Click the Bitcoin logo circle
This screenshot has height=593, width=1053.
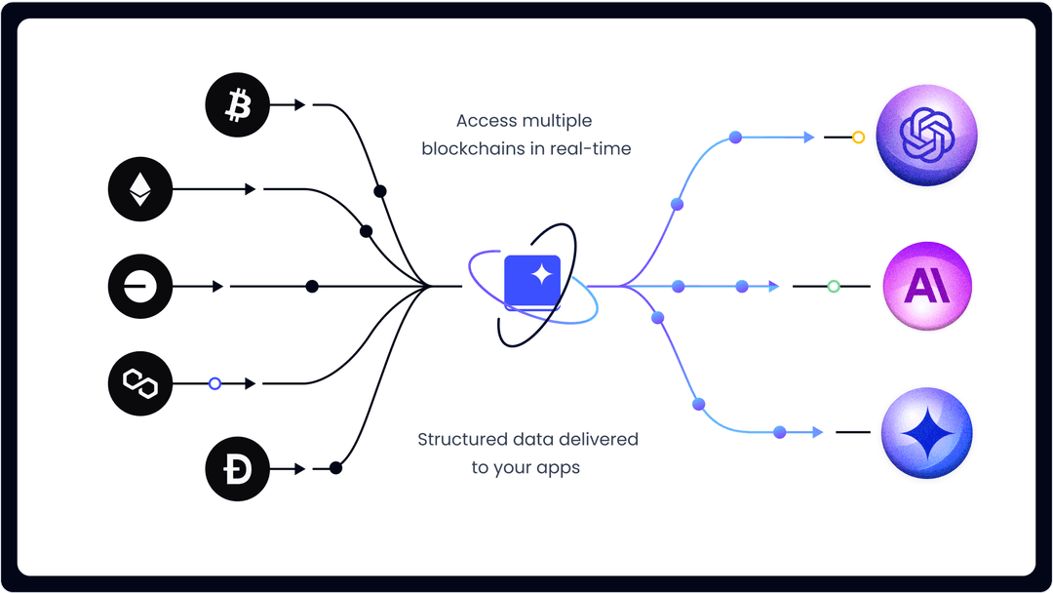click(x=237, y=104)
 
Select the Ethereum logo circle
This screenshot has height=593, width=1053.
click(x=140, y=188)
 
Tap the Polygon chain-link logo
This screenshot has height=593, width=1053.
click(x=140, y=383)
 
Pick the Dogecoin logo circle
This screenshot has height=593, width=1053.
click(x=237, y=469)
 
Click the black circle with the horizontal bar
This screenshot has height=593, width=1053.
click(x=140, y=286)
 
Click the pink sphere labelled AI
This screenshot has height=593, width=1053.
click(x=926, y=286)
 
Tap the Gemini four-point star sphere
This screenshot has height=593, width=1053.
click(x=926, y=432)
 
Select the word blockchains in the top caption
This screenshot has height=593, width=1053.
click(x=464, y=149)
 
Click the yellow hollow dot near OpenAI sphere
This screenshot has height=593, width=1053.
click(x=858, y=138)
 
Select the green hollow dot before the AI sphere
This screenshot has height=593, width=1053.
click(x=834, y=286)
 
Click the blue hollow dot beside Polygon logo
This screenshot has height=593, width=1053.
click(x=215, y=383)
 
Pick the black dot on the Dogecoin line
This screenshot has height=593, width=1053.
click(x=335, y=469)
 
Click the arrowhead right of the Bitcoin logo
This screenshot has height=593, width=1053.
click(x=300, y=104)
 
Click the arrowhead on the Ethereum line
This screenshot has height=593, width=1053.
click(x=252, y=188)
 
